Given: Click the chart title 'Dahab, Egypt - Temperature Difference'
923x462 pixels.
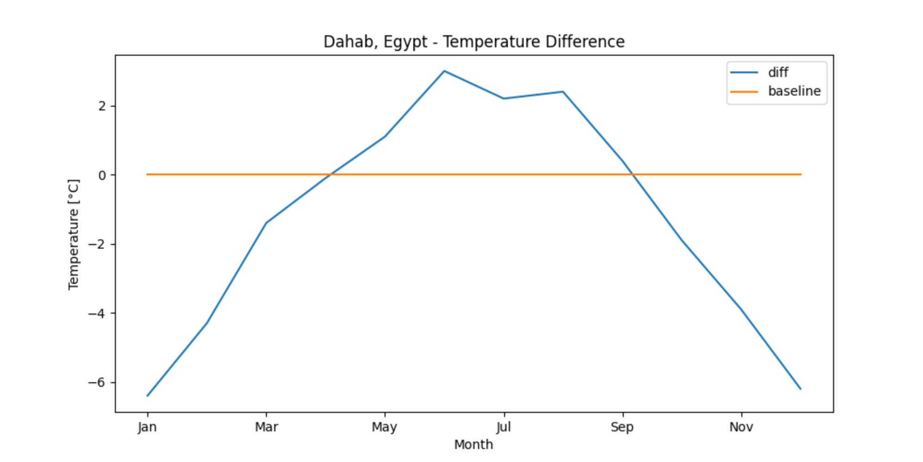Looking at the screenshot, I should pos(474,42).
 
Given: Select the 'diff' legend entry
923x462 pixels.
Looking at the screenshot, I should pos(778,73).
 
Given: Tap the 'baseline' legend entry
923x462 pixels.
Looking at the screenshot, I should pos(794,91).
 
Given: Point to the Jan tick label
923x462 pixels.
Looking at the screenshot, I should pos(147,427).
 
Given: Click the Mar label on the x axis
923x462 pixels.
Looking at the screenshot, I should pos(266,427).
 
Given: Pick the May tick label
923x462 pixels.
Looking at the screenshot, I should pos(384,427).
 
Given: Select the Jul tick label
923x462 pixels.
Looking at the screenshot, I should pos(503,427).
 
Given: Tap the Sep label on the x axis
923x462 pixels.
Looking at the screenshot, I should pos(622,427).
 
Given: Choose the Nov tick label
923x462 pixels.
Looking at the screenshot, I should pos(741,427).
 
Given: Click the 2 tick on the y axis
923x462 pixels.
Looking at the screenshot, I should pos(102,106).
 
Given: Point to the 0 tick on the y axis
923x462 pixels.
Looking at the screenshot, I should pos(102,175).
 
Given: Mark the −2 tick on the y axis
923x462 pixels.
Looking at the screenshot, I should pos(97,244).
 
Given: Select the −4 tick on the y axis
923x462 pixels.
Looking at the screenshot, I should pos(97,314).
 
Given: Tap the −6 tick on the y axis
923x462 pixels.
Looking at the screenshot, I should pos(97,383).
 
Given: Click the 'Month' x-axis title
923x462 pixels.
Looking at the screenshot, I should pos(474,444).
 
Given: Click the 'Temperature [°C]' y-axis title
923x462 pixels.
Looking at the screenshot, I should pos(74,235).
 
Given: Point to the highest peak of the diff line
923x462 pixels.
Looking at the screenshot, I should pos(444,71).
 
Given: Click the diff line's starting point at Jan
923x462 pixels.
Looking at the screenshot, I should pos(147,396).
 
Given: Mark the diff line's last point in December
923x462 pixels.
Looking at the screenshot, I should pos(800,389).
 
